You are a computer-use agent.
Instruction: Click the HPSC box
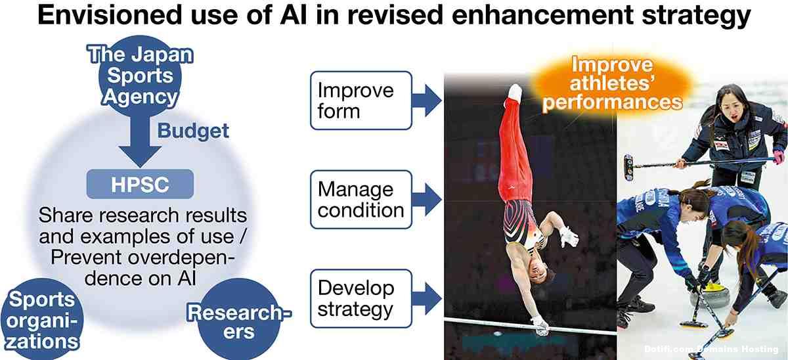click(140, 184)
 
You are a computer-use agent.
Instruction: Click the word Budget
click(193, 131)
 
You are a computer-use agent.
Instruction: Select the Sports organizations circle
click(42, 319)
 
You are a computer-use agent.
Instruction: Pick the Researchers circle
click(239, 319)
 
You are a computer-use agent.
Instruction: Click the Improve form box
click(361, 101)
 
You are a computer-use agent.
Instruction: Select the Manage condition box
click(361, 200)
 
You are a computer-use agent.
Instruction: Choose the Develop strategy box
click(361, 299)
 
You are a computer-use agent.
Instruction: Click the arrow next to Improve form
click(427, 101)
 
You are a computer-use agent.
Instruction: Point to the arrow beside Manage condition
click(427, 200)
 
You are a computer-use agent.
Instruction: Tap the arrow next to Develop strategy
click(427, 299)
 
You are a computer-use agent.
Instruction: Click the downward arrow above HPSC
click(140, 141)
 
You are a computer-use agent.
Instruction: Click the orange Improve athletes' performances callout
click(611, 83)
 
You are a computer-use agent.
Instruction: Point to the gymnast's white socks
click(515, 91)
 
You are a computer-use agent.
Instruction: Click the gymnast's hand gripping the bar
click(540, 326)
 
